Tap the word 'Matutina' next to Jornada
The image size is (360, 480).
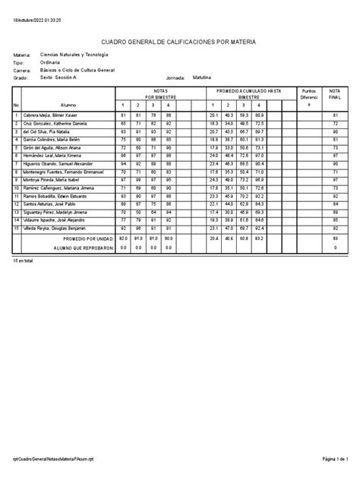pos(202,77)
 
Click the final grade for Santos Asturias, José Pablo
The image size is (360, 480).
pos(335,204)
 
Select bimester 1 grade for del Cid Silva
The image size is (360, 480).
pos(123,131)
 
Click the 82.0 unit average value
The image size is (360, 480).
pos(123,238)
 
